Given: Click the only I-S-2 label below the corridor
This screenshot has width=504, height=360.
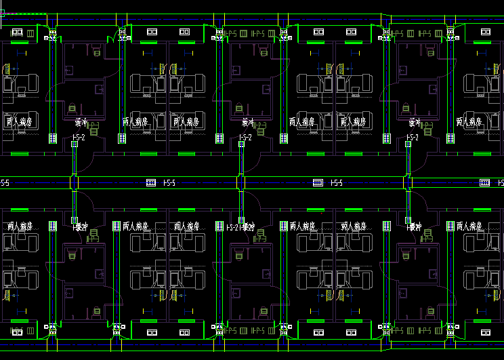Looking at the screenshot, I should tap(233, 228).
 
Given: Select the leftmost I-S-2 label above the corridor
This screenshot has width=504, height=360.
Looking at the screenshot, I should tap(79, 138).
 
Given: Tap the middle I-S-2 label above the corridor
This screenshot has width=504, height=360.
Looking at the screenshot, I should tap(245, 138).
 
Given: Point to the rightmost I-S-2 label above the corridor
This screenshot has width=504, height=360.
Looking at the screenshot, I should tap(412, 138).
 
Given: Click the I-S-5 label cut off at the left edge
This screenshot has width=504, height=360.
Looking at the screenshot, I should tap(4, 183).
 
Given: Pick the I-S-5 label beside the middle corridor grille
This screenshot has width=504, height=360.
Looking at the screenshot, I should tap(337, 183).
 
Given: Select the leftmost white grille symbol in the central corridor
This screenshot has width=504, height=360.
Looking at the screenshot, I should tap(150, 183).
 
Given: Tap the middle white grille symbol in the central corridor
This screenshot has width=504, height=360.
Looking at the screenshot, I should tap(317, 183).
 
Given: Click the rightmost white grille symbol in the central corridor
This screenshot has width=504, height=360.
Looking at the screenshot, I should tap(484, 183).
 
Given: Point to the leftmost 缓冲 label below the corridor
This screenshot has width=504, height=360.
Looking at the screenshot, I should tap(82, 226).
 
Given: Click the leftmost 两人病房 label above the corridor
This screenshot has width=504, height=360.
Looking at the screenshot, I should tap(18, 122).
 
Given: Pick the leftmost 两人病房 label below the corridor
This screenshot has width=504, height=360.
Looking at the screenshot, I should tap(20, 226).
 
